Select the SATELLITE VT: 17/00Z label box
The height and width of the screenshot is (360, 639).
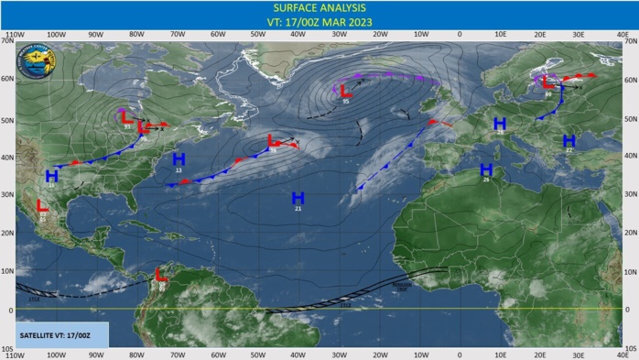click(56, 334)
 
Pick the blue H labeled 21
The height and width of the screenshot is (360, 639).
click(298, 198)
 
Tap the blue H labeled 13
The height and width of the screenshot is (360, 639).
click(179, 159)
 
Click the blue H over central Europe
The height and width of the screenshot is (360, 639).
click(500, 123)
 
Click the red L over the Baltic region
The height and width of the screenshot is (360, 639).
click(547, 82)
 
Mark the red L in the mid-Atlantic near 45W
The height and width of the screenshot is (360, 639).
click(273, 139)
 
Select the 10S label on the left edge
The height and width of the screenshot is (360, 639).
click(7, 349)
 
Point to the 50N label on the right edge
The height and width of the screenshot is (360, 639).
click(631, 118)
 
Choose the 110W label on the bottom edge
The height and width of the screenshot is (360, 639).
click(14, 355)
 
